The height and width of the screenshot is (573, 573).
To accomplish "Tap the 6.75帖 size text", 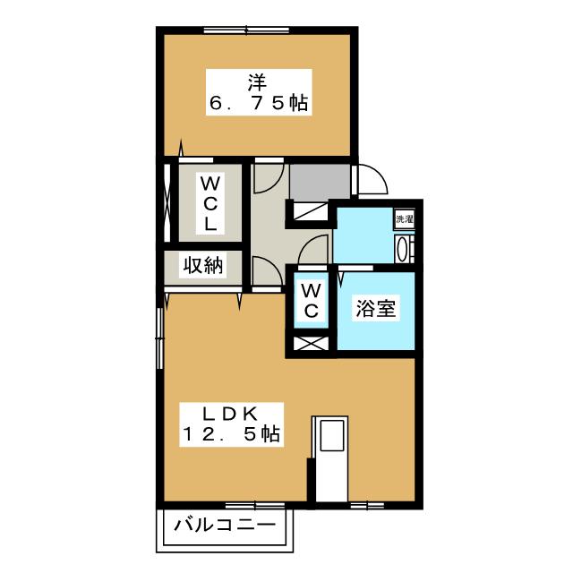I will point(260,104).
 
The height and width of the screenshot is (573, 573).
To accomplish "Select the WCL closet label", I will point(210,203).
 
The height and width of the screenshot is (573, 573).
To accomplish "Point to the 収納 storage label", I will point(203,265).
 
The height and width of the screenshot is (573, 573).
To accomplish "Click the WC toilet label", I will point(310,300).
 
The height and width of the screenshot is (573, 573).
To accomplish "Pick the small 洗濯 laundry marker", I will point(404,218).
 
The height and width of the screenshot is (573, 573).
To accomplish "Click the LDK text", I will point(230,413).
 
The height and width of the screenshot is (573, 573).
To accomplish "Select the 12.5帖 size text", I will point(231,435).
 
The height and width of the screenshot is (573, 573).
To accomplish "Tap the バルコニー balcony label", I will point(226,524).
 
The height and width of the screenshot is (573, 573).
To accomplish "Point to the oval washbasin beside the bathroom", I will point(402,247).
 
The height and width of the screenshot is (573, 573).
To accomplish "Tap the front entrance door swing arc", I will point(373,179).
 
